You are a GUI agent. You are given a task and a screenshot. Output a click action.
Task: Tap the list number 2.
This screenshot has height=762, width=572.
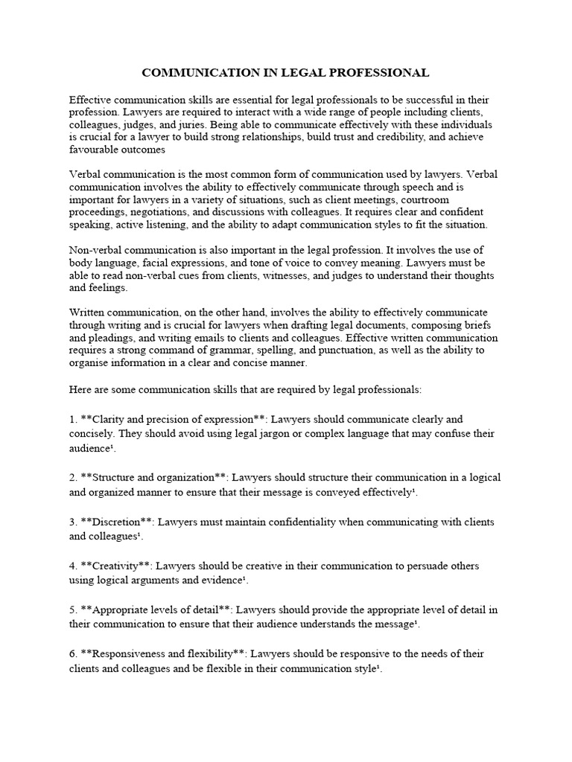(x=72, y=476)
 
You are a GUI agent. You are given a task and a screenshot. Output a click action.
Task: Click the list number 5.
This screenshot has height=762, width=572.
(x=72, y=609)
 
